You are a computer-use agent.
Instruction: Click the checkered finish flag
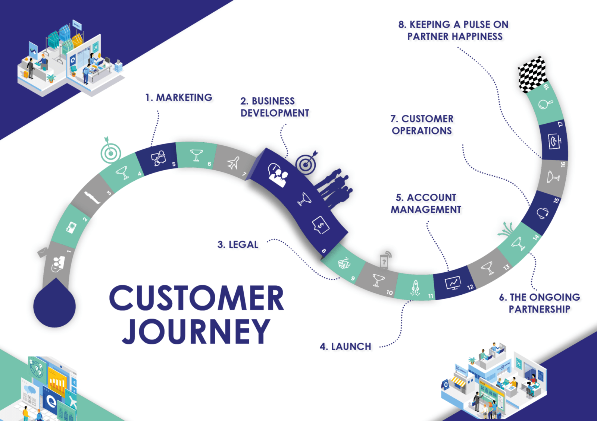[x=532, y=74]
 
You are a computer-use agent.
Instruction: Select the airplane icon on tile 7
[x=234, y=163]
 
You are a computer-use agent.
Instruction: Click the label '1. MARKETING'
[x=179, y=98]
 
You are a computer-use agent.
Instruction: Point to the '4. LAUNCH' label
[x=346, y=346]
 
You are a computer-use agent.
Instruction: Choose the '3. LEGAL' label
[x=238, y=245]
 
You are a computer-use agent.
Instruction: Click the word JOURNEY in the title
[x=196, y=331]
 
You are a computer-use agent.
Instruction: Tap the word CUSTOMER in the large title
[x=197, y=298]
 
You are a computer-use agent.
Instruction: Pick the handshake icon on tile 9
[x=344, y=263]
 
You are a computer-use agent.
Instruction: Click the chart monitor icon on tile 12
[x=453, y=283]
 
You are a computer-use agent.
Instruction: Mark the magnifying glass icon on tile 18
[x=545, y=104]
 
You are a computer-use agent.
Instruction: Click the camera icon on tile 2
[x=71, y=227]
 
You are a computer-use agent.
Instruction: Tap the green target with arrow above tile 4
[x=110, y=152]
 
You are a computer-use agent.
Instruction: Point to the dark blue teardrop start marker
[x=54, y=306]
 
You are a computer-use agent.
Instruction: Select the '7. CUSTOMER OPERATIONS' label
[x=422, y=125]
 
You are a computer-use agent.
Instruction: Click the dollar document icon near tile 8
[x=321, y=225]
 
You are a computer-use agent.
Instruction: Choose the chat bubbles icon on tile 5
[x=158, y=158]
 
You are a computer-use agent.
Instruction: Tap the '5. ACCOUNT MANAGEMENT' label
[x=426, y=203]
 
